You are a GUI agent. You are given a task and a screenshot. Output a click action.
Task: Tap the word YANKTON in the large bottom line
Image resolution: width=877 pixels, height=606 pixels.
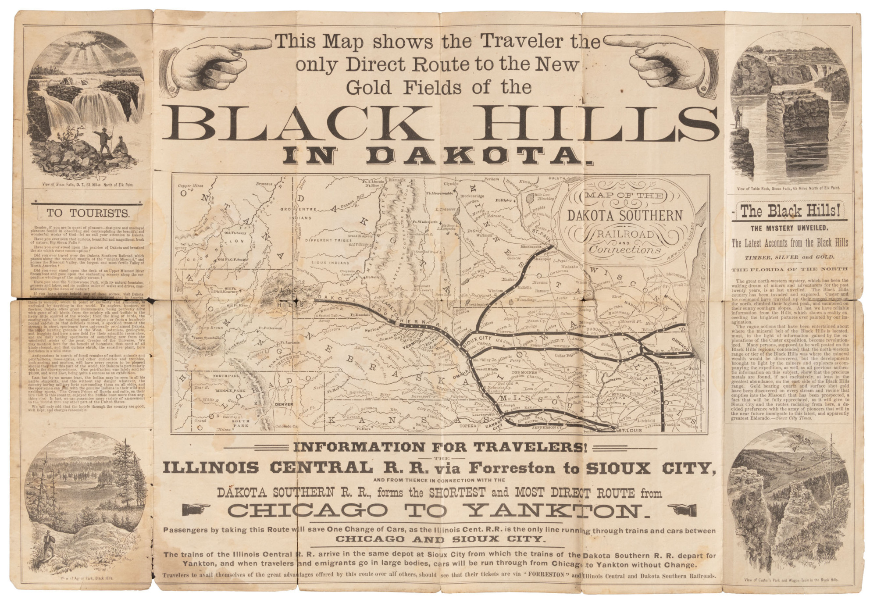[562, 510]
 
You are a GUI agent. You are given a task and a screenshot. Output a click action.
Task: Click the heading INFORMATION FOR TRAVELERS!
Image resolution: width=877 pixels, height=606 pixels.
[438, 448]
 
